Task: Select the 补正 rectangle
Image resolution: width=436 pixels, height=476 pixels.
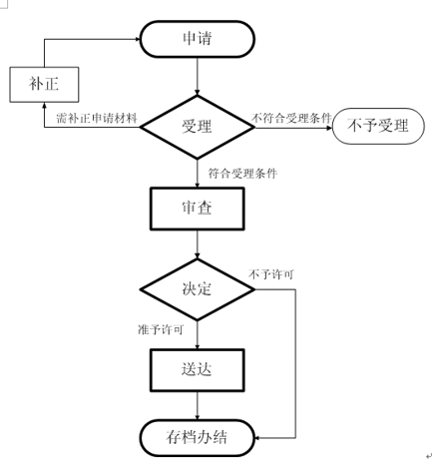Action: tap(45, 85)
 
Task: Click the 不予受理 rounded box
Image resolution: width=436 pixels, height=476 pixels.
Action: tap(378, 127)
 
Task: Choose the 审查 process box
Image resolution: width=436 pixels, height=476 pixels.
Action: tap(198, 209)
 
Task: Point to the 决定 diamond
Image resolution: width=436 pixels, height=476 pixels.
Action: tap(198, 289)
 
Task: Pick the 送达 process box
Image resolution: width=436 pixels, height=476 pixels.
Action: tap(198, 369)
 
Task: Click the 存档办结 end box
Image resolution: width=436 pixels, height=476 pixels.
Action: tap(198, 437)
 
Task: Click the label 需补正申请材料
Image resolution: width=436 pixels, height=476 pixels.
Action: tap(97, 119)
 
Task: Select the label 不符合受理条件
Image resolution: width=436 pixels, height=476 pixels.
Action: tap(292, 118)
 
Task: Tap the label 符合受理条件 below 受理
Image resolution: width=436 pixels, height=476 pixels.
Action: tap(242, 172)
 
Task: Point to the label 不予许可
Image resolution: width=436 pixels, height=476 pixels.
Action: tap(271, 273)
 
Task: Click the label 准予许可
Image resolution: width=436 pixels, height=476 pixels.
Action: tap(161, 329)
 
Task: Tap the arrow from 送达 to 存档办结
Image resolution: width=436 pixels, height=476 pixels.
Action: tap(198, 405)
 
